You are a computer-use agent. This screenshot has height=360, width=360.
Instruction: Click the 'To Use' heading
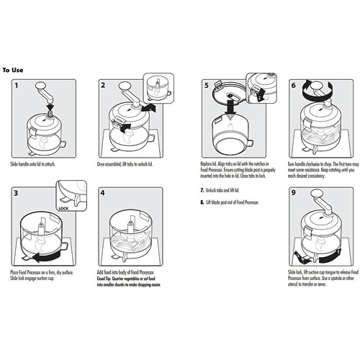14,70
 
